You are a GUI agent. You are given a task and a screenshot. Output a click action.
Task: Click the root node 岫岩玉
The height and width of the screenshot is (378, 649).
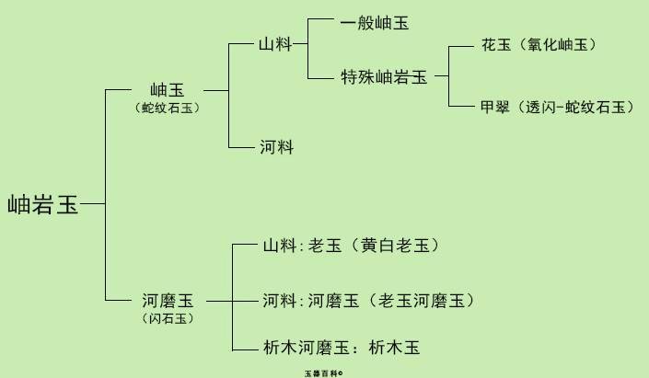click(43, 204)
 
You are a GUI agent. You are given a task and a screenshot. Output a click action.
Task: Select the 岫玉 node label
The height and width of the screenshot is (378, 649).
click(167, 90)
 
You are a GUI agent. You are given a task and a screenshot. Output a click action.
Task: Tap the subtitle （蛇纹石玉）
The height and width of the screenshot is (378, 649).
click(167, 108)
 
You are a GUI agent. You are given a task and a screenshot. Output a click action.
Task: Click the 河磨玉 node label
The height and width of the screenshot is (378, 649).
click(168, 301)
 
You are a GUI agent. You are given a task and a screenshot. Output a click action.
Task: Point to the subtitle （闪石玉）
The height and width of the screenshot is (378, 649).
click(168, 318)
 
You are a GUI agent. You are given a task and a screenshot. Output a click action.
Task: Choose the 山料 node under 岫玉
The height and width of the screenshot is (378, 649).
click(276, 42)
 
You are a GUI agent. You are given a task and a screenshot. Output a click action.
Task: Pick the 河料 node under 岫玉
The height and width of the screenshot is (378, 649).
click(276, 147)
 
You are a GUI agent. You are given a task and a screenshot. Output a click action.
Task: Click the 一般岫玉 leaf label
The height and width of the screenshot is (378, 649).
click(374, 23)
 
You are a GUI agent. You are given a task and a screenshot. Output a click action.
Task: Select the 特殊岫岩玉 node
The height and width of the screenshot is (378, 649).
click(384, 77)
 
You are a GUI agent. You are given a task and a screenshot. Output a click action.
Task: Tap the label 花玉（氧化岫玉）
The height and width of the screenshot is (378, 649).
click(539, 44)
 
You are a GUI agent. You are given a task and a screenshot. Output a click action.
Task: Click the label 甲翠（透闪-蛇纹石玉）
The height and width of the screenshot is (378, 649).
click(557, 107)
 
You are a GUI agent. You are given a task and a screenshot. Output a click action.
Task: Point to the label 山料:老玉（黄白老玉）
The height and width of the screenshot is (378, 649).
click(351, 246)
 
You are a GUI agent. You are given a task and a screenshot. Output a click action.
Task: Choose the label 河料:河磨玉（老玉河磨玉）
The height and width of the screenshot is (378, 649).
click(368, 301)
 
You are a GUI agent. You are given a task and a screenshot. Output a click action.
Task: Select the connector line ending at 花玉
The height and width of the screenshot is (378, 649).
click(460, 45)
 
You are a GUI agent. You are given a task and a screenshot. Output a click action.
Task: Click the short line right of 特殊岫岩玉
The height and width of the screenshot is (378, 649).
click(441, 77)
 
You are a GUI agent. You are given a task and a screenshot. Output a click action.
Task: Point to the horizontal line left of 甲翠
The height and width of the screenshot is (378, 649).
click(460, 107)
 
